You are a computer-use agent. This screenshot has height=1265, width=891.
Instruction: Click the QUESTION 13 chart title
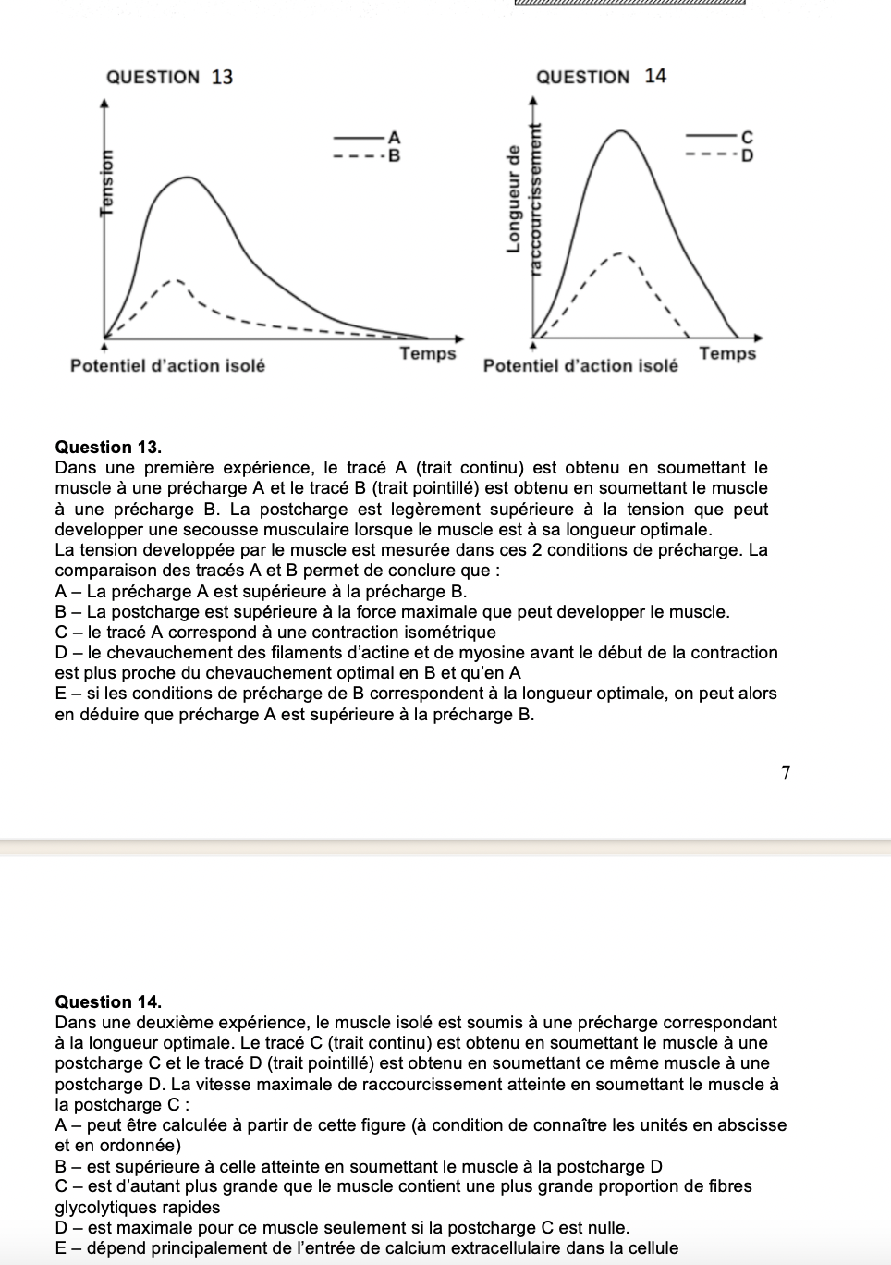click(x=170, y=77)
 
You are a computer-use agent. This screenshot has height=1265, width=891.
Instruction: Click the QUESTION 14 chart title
click(x=601, y=76)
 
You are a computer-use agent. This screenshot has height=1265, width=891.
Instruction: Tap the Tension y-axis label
click(x=109, y=181)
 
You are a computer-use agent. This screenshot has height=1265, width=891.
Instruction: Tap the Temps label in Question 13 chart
click(x=428, y=353)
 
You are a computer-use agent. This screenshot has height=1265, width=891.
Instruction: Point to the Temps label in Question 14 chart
click(x=727, y=353)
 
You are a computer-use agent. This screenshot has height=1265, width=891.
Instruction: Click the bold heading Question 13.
click(x=108, y=447)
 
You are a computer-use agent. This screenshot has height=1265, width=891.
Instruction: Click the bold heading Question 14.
click(x=108, y=1001)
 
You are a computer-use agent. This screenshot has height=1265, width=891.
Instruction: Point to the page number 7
click(x=786, y=773)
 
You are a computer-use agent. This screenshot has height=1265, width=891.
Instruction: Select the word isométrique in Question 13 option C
click(x=449, y=632)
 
